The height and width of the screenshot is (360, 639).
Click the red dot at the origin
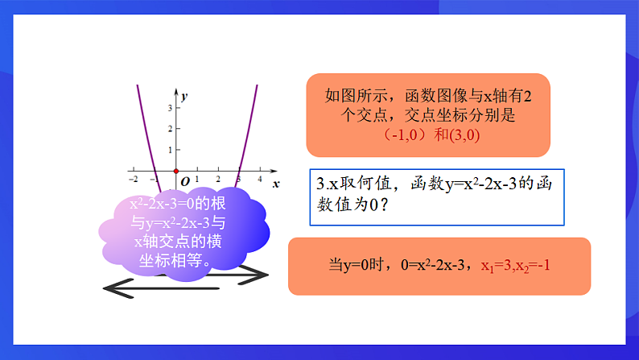[176, 171]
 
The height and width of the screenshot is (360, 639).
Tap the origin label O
[185, 182]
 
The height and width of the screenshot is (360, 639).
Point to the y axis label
[184, 96]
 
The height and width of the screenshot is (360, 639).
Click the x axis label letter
[276, 184]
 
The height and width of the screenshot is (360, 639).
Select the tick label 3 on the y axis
[169, 107]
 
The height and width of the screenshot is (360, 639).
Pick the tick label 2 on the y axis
[169, 129]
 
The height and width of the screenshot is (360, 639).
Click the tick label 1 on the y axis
[169, 150]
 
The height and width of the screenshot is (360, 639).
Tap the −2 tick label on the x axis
[133, 179]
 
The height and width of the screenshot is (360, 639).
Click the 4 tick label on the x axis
[260, 179]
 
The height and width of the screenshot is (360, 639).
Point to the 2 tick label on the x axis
[218, 179]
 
